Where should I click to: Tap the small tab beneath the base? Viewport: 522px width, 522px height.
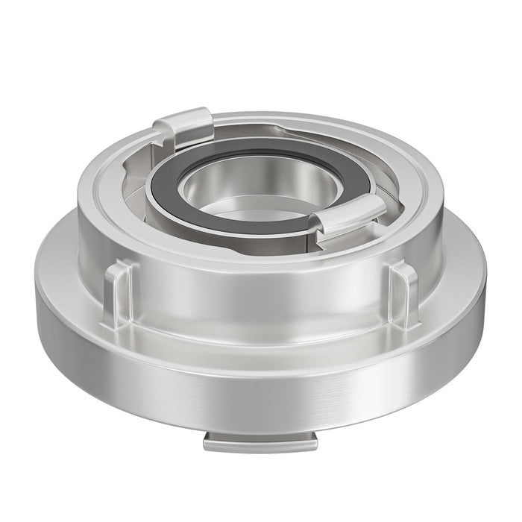pyautogui.click(x=260, y=443)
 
